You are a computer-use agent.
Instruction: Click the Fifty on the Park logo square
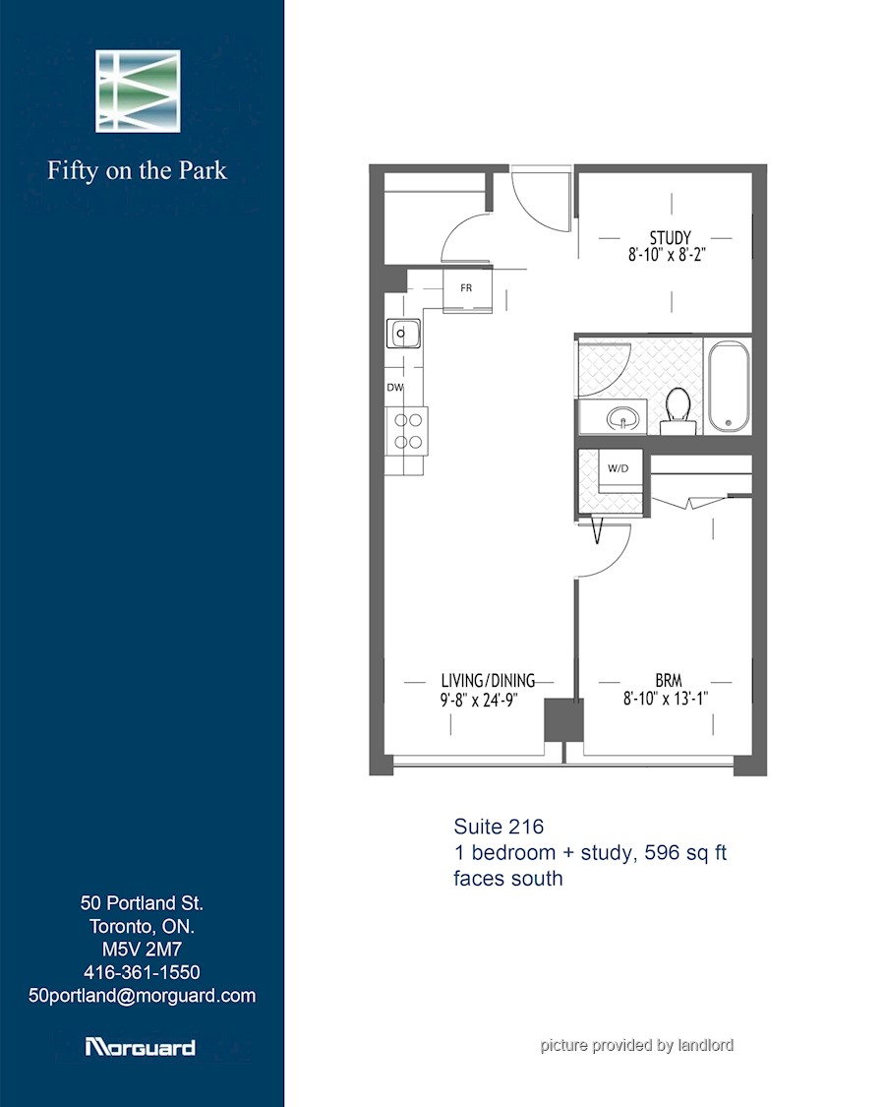click(x=138, y=92)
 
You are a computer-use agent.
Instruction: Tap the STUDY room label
click(x=670, y=237)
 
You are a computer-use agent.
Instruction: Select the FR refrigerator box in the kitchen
click(x=466, y=289)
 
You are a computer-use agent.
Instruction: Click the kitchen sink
click(x=403, y=334)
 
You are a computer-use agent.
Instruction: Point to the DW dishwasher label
click(x=394, y=388)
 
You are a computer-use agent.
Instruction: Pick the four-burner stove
click(x=407, y=431)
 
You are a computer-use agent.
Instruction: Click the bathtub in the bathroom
click(x=729, y=386)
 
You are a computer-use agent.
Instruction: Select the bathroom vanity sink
click(x=624, y=418)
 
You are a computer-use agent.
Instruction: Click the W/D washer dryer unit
click(x=619, y=469)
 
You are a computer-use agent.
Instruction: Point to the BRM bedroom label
click(x=669, y=681)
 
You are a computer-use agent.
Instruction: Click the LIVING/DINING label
click(x=488, y=681)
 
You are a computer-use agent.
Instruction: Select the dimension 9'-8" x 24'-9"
click(x=479, y=701)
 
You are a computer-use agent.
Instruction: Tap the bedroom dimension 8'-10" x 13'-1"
click(x=666, y=699)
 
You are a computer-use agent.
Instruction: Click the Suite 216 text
click(x=499, y=827)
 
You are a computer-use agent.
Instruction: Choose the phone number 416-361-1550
click(x=142, y=972)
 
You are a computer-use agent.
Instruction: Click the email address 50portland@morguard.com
click(x=142, y=996)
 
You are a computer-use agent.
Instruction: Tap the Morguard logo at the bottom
click(x=140, y=1047)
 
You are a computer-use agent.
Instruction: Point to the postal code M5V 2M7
click(x=142, y=949)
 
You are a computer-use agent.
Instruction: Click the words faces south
click(x=508, y=879)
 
